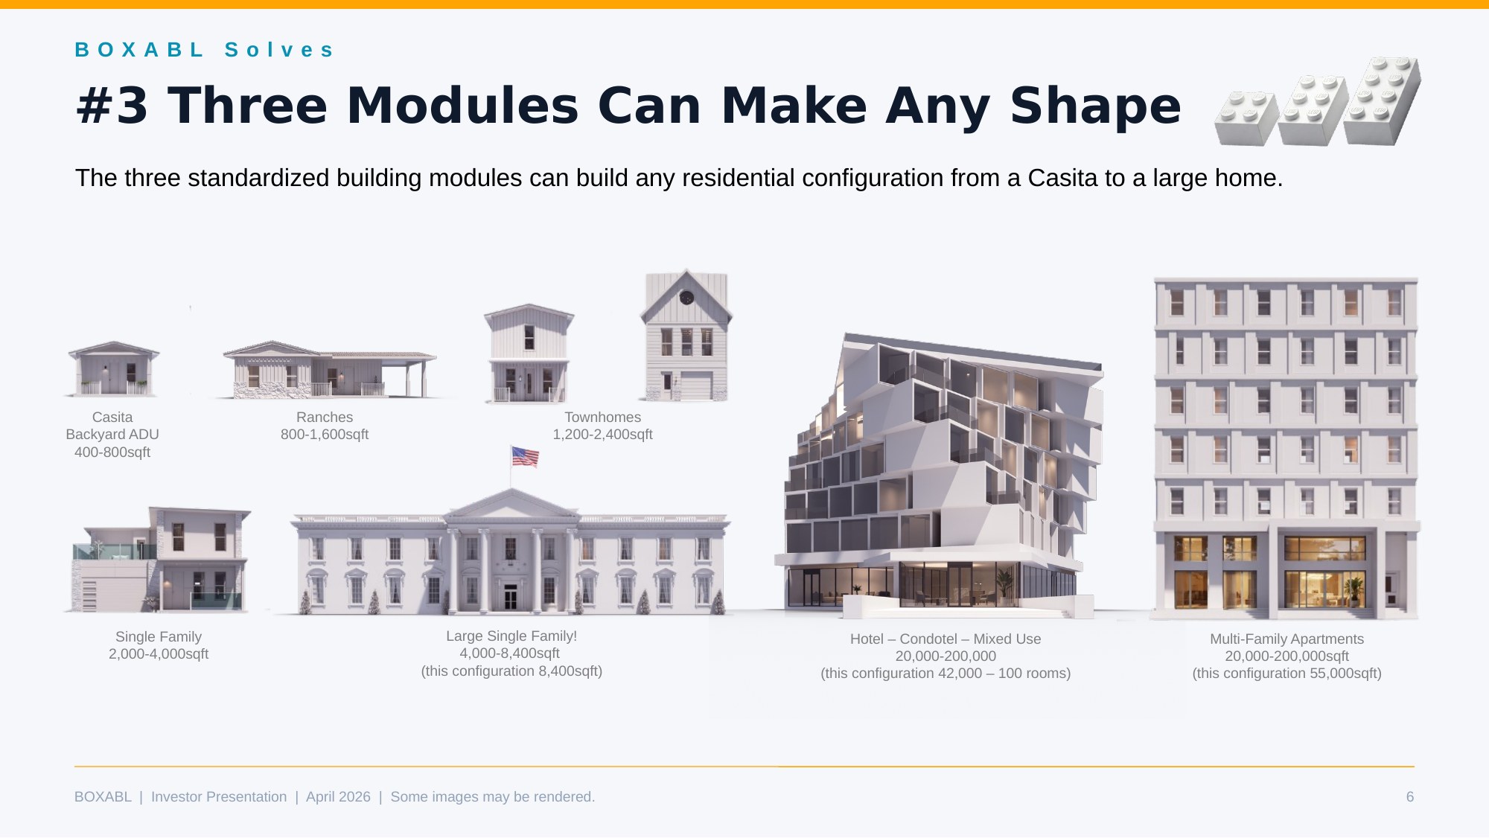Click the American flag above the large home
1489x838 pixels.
click(525, 457)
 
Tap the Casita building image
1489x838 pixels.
click(113, 368)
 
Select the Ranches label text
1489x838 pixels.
click(325, 418)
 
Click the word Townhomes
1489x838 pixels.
click(602, 418)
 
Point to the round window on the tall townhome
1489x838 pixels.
click(686, 298)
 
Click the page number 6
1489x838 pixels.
click(1409, 797)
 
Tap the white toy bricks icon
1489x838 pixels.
click(1318, 102)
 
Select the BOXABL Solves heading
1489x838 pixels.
click(204, 50)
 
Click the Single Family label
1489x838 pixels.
click(159, 637)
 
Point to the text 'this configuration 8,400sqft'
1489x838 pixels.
click(511, 671)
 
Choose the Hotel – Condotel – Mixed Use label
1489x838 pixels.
click(946, 639)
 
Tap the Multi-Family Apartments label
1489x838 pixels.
click(1286, 639)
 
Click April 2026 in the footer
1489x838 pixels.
click(338, 797)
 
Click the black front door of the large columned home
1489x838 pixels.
click(510, 596)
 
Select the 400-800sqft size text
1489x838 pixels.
click(112, 452)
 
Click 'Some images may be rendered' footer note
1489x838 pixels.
click(493, 797)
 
